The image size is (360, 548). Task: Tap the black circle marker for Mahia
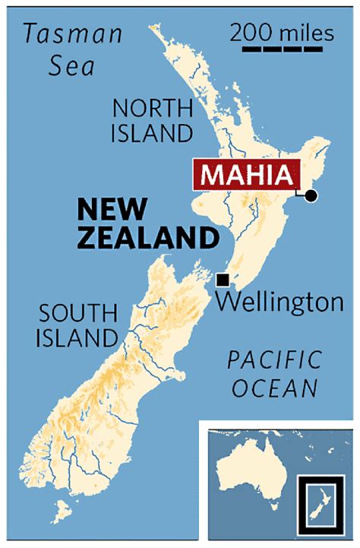coord(310,197)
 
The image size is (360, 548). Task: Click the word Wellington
coord(279,303)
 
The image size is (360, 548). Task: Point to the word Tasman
coord(73,34)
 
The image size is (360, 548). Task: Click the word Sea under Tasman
coord(72,67)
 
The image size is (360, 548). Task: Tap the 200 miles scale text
coord(281,33)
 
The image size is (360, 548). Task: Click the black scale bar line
coord(280,50)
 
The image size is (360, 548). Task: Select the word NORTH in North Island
coord(152,106)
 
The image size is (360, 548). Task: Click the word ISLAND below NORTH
coord(152,134)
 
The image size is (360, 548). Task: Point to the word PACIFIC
coord(275,360)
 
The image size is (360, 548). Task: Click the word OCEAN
coord(274,388)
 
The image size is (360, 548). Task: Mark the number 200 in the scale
coord(249,33)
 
